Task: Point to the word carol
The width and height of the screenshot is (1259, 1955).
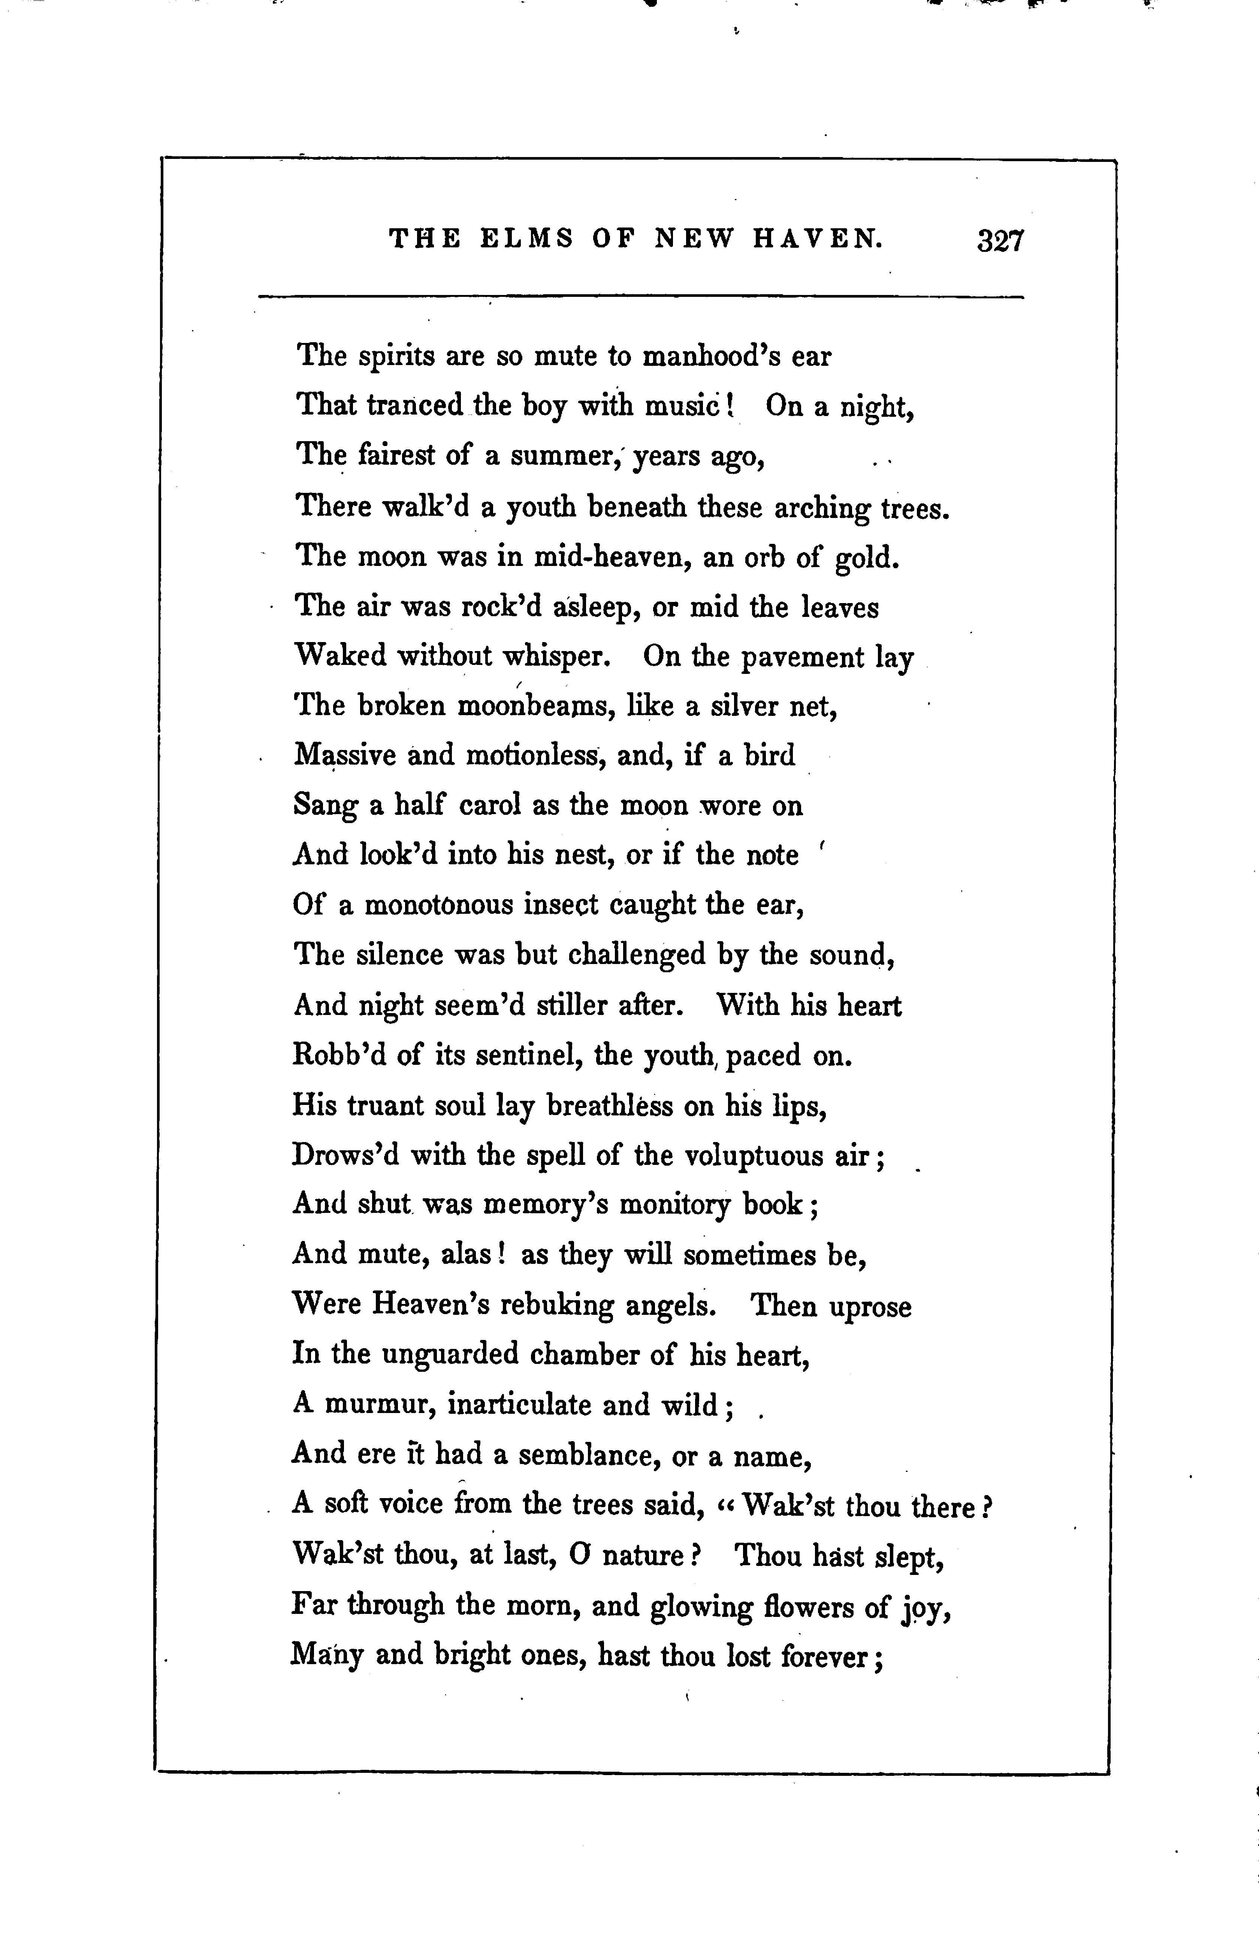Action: [490, 805]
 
